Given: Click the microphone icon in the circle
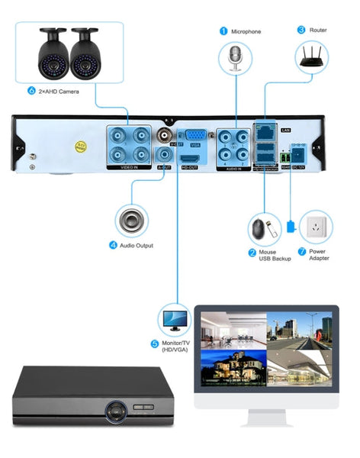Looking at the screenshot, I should click(x=236, y=57).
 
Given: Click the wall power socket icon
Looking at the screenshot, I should click(x=316, y=227).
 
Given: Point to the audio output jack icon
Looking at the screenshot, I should click(x=132, y=221).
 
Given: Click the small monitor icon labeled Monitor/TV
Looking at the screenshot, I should click(x=175, y=319).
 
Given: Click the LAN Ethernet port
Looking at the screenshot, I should click(x=265, y=133).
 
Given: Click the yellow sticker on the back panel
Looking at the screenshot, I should click(x=80, y=145).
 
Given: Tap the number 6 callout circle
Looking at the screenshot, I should click(x=31, y=90).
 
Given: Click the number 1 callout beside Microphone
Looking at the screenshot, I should click(x=223, y=31).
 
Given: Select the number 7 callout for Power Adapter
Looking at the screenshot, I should click(x=302, y=251).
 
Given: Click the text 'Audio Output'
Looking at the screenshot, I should click(x=137, y=246).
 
